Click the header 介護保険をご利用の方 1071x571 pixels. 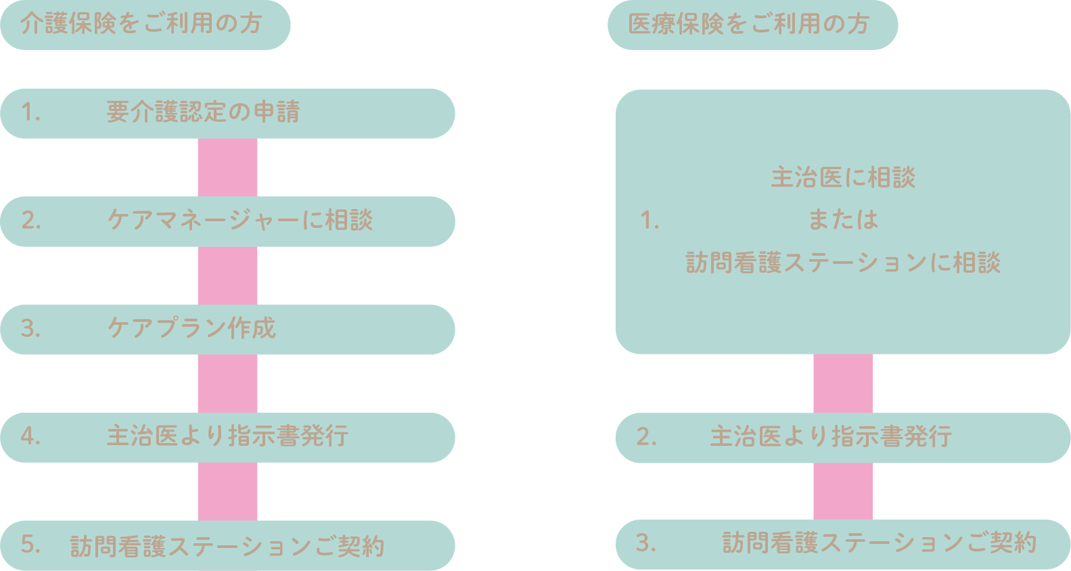coord(141,24)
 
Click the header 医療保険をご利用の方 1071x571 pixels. coord(748,24)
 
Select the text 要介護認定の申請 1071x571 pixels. coord(203,112)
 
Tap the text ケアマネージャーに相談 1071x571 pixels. coord(240,221)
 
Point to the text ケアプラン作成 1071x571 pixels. coord(191,329)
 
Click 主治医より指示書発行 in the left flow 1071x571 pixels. coord(227,436)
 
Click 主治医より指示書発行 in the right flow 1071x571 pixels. coord(831,437)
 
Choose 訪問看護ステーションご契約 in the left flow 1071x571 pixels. coord(227,546)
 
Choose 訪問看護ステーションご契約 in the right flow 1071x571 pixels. coord(879,543)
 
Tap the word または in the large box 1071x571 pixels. coord(843,220)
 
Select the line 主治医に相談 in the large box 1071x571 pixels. coord(843,178)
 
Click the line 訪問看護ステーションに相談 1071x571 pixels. coord(843,262)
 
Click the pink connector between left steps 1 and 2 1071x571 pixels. coord(227,167)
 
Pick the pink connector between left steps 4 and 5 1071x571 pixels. coord(227,491)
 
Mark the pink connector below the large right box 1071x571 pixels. coord(843,383)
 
